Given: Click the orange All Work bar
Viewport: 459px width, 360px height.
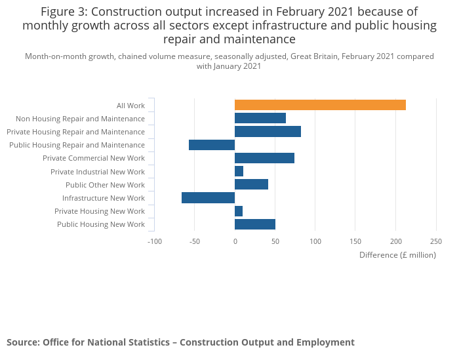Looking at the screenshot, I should [x=320, y=105].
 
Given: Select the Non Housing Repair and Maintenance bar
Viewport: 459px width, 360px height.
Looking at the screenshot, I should [x=260, y=118].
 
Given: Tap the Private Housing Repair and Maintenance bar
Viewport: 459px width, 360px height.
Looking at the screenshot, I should [x=268, y=131].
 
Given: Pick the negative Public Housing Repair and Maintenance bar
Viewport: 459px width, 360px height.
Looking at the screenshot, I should [x=212, y=145].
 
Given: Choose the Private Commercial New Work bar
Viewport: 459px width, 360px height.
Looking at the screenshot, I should [x=264, y=158].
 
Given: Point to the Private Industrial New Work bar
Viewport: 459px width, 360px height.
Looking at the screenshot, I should [x=239, y=171].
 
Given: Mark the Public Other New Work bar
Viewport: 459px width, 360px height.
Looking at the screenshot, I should [x=251, y=184].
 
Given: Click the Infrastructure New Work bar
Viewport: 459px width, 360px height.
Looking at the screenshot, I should [x=208, y=198].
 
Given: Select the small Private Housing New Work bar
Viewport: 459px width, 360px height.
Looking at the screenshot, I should [x=239, y=211].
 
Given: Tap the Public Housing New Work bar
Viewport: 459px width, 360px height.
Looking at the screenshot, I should [x=255, y=224].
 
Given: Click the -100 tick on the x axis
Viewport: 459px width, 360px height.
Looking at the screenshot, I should [x=154, y=241].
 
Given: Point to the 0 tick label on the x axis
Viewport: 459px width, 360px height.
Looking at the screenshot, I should [x=235, y=241].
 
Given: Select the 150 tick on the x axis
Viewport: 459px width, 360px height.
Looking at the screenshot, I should [x=355, y=241].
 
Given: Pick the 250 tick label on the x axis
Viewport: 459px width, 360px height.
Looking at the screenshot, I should [x=436, y=241].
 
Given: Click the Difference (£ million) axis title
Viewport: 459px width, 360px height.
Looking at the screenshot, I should [x=397, y=255].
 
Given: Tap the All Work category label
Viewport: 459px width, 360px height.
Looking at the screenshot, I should [x=130, y=106].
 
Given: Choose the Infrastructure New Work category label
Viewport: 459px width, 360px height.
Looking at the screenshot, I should [x=104, y=198].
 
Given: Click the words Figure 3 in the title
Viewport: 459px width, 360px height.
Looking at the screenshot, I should [x=65, y=12].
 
